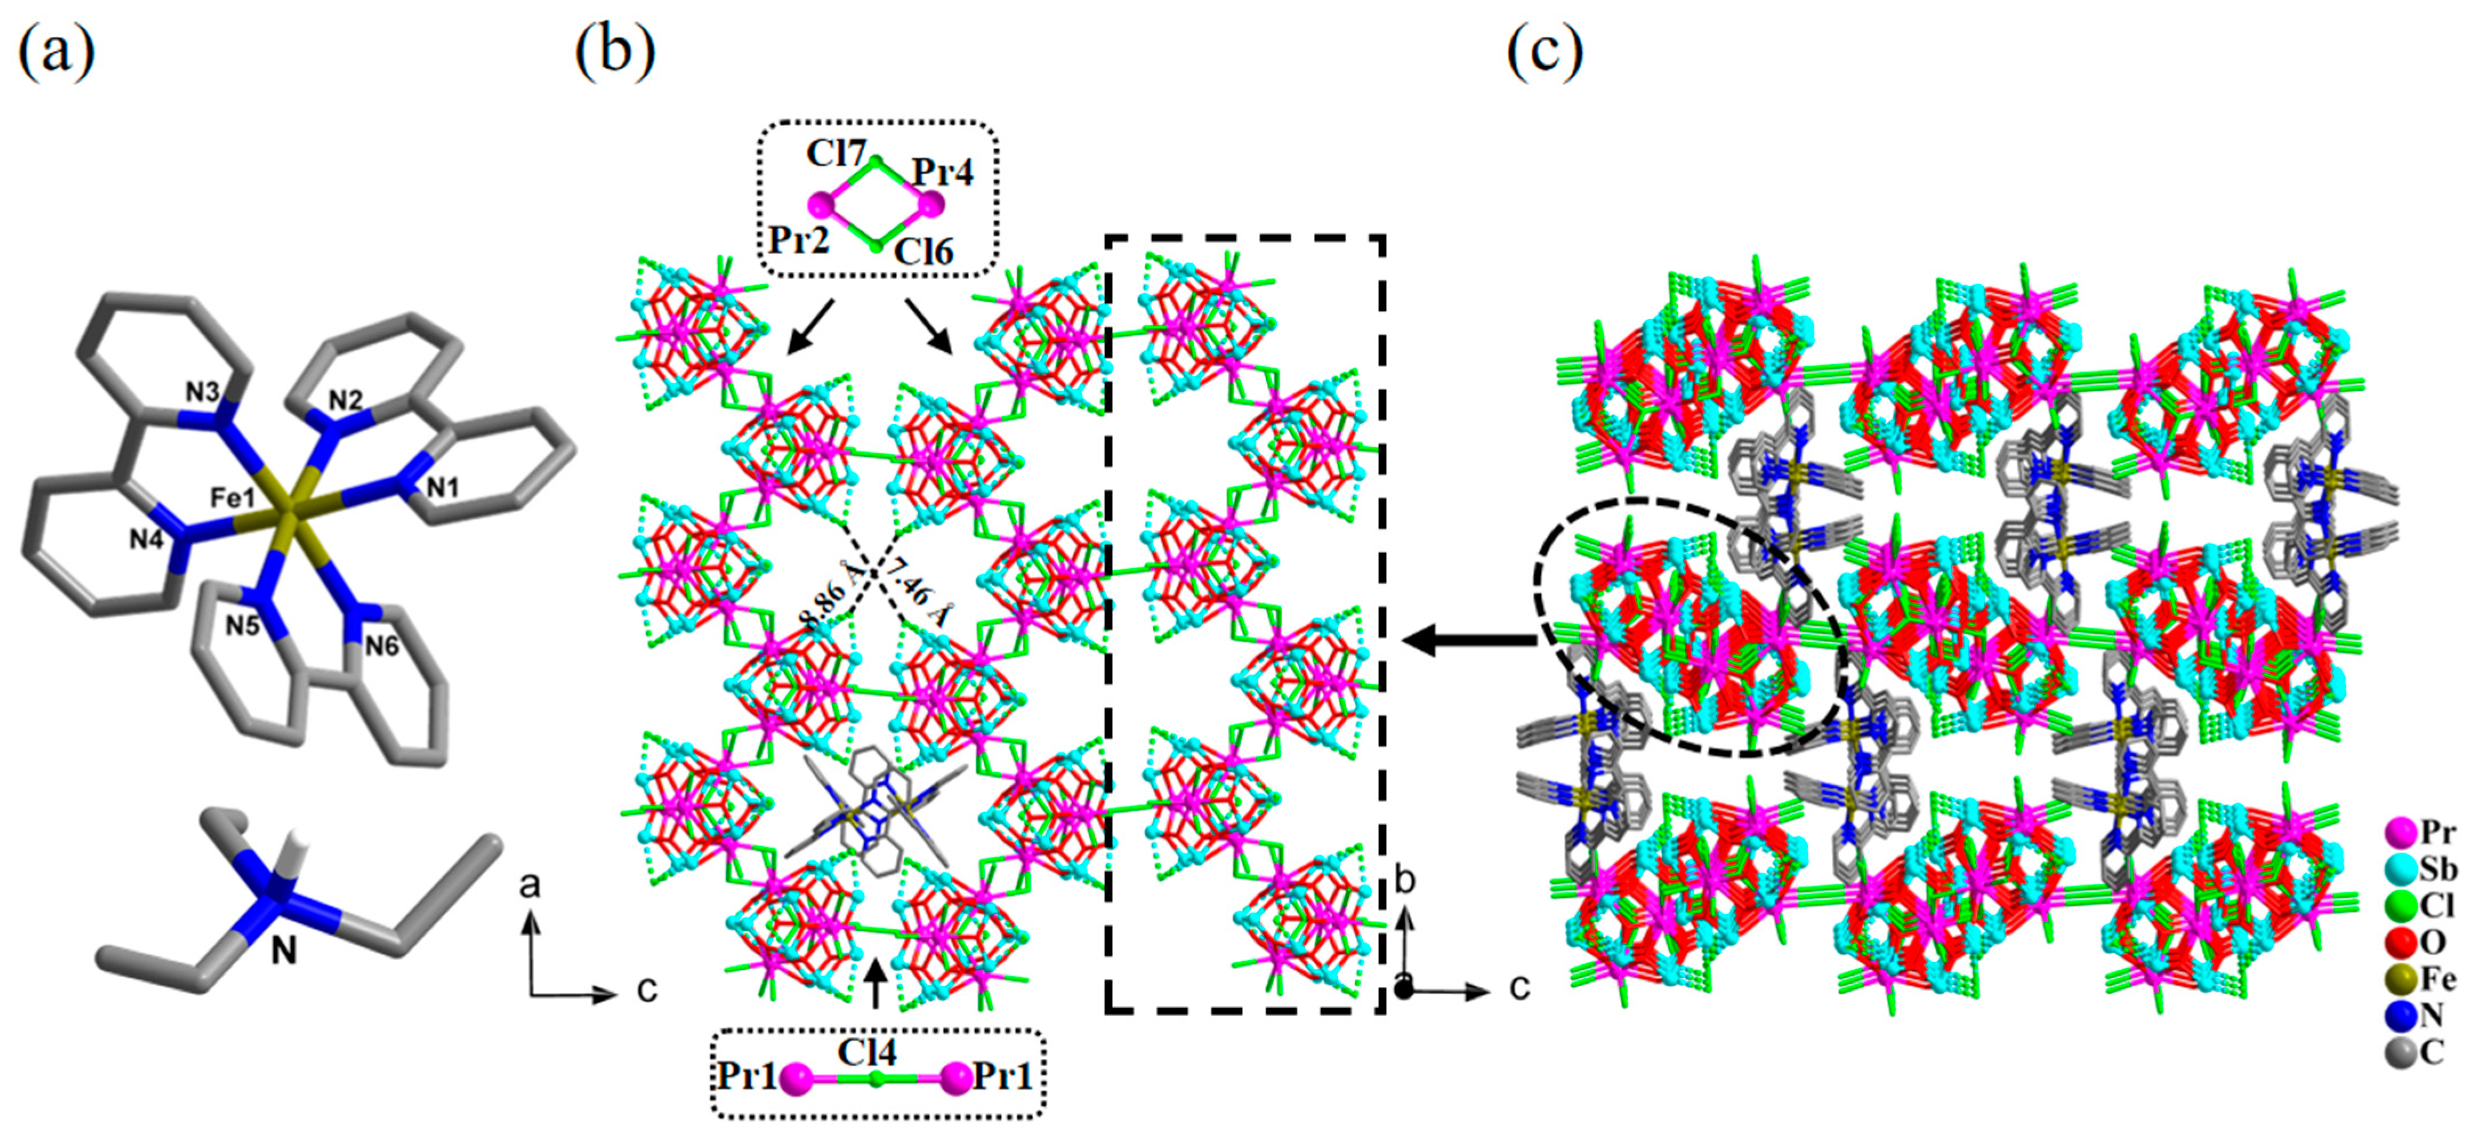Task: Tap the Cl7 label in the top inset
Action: point(836,153)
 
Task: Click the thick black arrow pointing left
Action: point(1466,640)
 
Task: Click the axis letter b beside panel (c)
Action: point(1405,880)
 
